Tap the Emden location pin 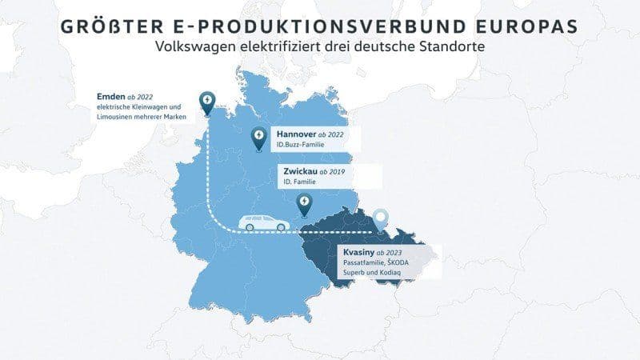[x=206, y=102]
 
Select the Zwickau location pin [x=303, y=206]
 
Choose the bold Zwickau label [x=296, y=171]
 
